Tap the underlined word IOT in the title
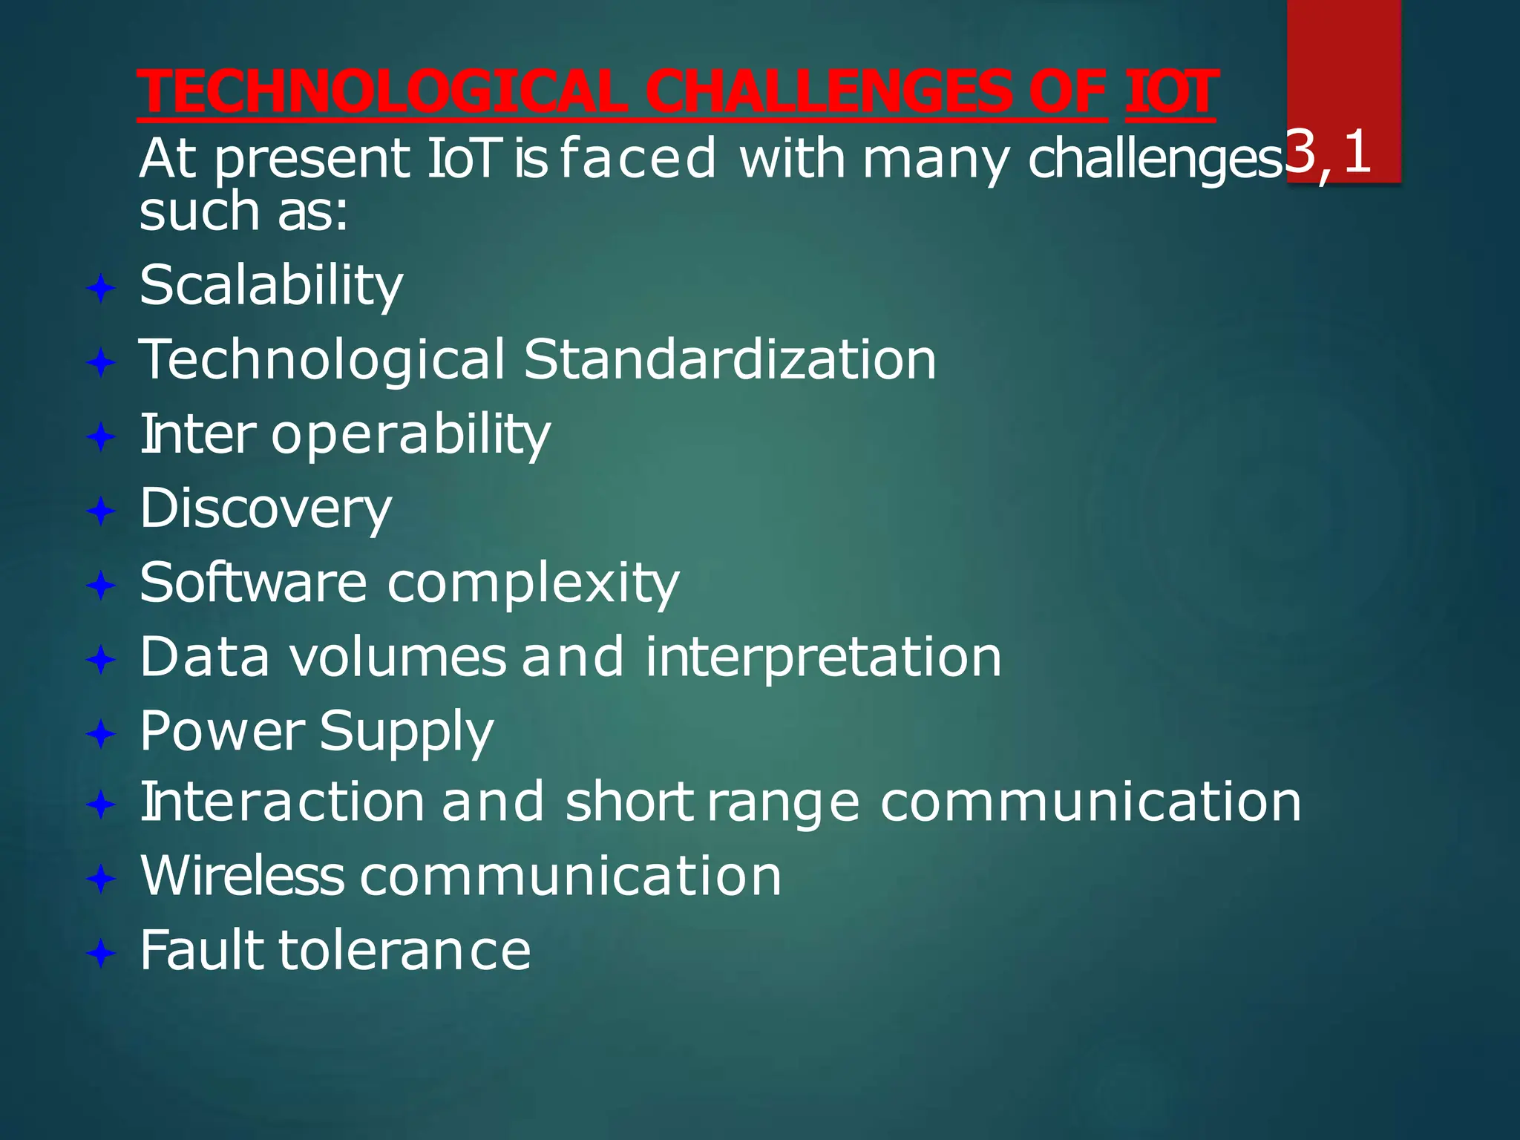tap(1170, 92)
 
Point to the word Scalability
tap(271, 286)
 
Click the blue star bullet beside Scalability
tap(101, 288)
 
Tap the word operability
tap(410, 435)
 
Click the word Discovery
tap(265, 509)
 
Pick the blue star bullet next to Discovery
tap(101, 511)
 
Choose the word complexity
tap(533, 583)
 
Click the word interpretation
tap(823, 658)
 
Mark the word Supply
tap(406, 732)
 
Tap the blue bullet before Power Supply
tap(101, 734)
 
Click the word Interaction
tap(282, 802)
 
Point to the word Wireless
tap(242, 877)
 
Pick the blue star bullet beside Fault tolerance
tap(101, 952)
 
